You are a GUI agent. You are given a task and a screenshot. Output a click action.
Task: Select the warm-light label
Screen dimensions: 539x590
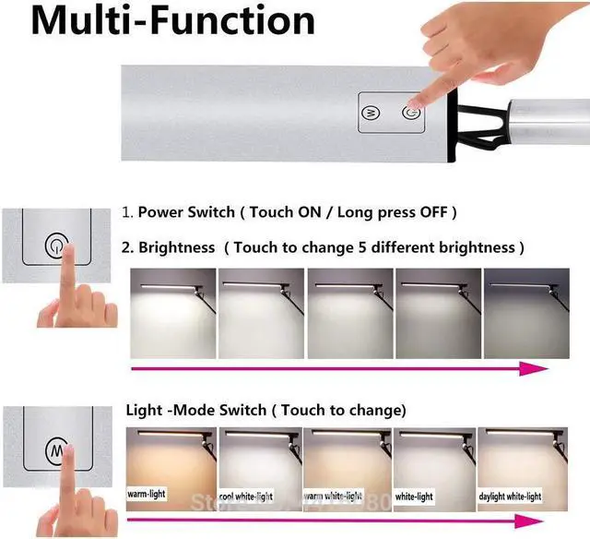tap(146, 494)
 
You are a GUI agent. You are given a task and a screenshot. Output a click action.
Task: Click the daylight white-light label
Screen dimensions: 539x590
tap(510, 497)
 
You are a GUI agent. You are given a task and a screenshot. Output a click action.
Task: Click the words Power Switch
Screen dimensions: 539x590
tap(184, 212)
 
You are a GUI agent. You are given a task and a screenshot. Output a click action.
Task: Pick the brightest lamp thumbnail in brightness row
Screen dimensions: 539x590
tap(171, 314)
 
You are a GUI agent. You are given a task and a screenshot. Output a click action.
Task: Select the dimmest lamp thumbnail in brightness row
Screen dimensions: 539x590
tap(526, 314)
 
